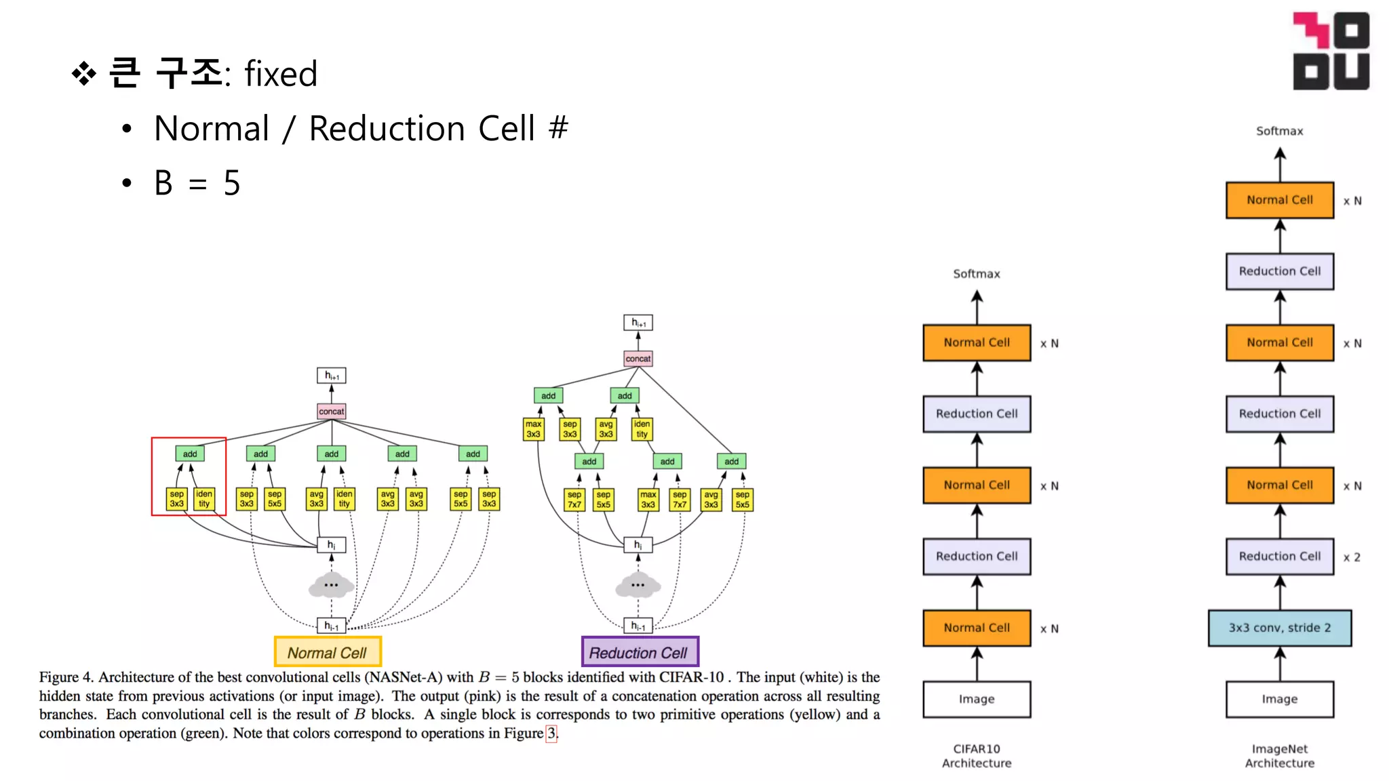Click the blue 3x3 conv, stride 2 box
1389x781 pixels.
(1279, 628)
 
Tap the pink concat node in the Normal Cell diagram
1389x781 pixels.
(332, 412)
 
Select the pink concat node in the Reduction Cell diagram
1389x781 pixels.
(638, 359)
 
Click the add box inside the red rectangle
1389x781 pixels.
(190, 454)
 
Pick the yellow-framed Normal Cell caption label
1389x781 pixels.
(328, 652)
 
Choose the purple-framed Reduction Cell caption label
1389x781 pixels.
(640, 652)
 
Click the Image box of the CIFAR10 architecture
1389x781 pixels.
(977, 699)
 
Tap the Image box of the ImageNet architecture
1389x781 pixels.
(1279, 699)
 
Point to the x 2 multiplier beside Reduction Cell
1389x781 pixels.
(1352, 557)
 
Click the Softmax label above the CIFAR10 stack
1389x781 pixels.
(977, 274)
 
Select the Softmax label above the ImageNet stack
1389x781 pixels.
(1279, 131)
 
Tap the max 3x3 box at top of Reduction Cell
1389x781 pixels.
(534, 429)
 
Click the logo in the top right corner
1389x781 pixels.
(1331, 51)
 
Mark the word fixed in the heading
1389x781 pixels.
(281, 74)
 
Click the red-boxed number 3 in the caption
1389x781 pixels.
(551, 733)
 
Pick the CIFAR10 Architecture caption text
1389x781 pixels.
(977, 756)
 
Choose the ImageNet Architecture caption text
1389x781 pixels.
(1279, 756)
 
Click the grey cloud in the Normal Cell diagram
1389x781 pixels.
(331, 585)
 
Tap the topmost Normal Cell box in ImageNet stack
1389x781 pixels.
(1279, 200)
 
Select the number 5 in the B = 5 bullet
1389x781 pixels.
(232, 183)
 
